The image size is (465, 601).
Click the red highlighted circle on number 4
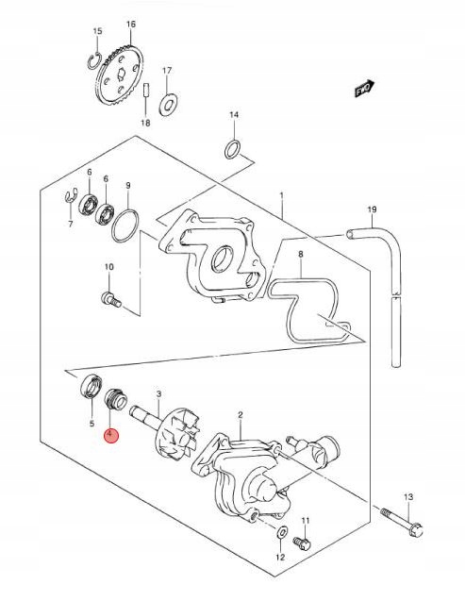tap(112, 435)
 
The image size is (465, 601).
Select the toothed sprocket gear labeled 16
tap(120, 75)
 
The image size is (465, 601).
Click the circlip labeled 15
tap(93, 61)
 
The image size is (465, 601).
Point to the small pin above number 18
tap(145, 92)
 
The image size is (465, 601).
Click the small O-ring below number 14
tap(233, 150)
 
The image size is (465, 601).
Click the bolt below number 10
tap(111, 299)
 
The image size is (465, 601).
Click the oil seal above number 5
tap(91, 385)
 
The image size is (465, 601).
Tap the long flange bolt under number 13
tap(402, 522)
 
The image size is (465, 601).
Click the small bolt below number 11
tap(302, 543)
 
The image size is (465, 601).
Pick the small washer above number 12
tap(282, 532)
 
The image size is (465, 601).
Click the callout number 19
tap(372, 209)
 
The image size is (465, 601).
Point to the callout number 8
tap(301, 254)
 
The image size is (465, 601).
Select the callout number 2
tap(241, 414)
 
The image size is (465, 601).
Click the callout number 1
tap(281, 195)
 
